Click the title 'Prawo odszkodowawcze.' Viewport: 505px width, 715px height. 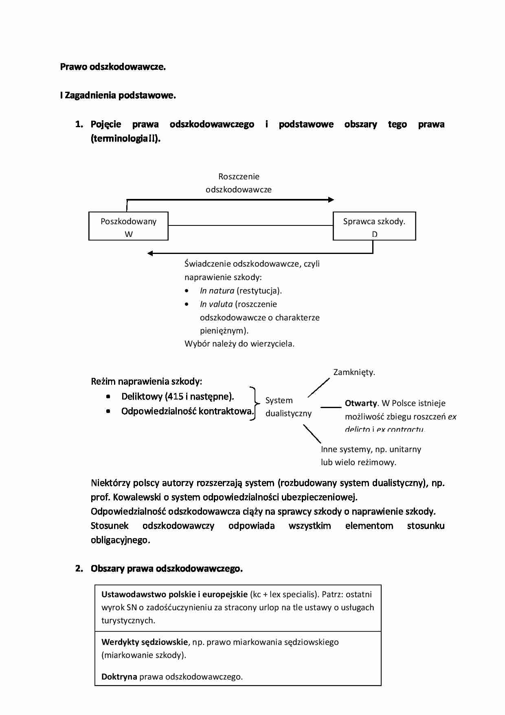point(113,67)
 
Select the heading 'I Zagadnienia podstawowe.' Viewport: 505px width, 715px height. point(118,95)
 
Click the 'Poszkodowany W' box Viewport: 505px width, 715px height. point(128,226)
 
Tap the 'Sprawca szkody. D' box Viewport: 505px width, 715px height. point(374,226)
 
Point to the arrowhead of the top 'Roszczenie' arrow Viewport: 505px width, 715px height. point(331,200)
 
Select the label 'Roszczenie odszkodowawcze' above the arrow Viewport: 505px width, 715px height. point(238,183)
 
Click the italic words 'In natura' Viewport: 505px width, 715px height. point(217,291)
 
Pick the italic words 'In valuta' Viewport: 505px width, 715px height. point(216,304)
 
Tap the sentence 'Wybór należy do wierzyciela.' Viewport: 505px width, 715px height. point(239,344)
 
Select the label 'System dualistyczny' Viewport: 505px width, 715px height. point(288,407)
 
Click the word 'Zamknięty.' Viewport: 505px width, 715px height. point(354,372)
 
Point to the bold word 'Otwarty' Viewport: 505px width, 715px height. point(361,403)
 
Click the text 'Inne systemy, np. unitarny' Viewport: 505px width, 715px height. point(371,449)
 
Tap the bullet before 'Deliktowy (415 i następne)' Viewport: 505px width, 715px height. point(108,397)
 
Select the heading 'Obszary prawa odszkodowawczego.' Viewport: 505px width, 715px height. point(167,568)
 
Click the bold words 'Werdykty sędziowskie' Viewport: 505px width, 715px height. point(145,642)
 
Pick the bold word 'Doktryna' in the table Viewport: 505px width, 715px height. point(119,677)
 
